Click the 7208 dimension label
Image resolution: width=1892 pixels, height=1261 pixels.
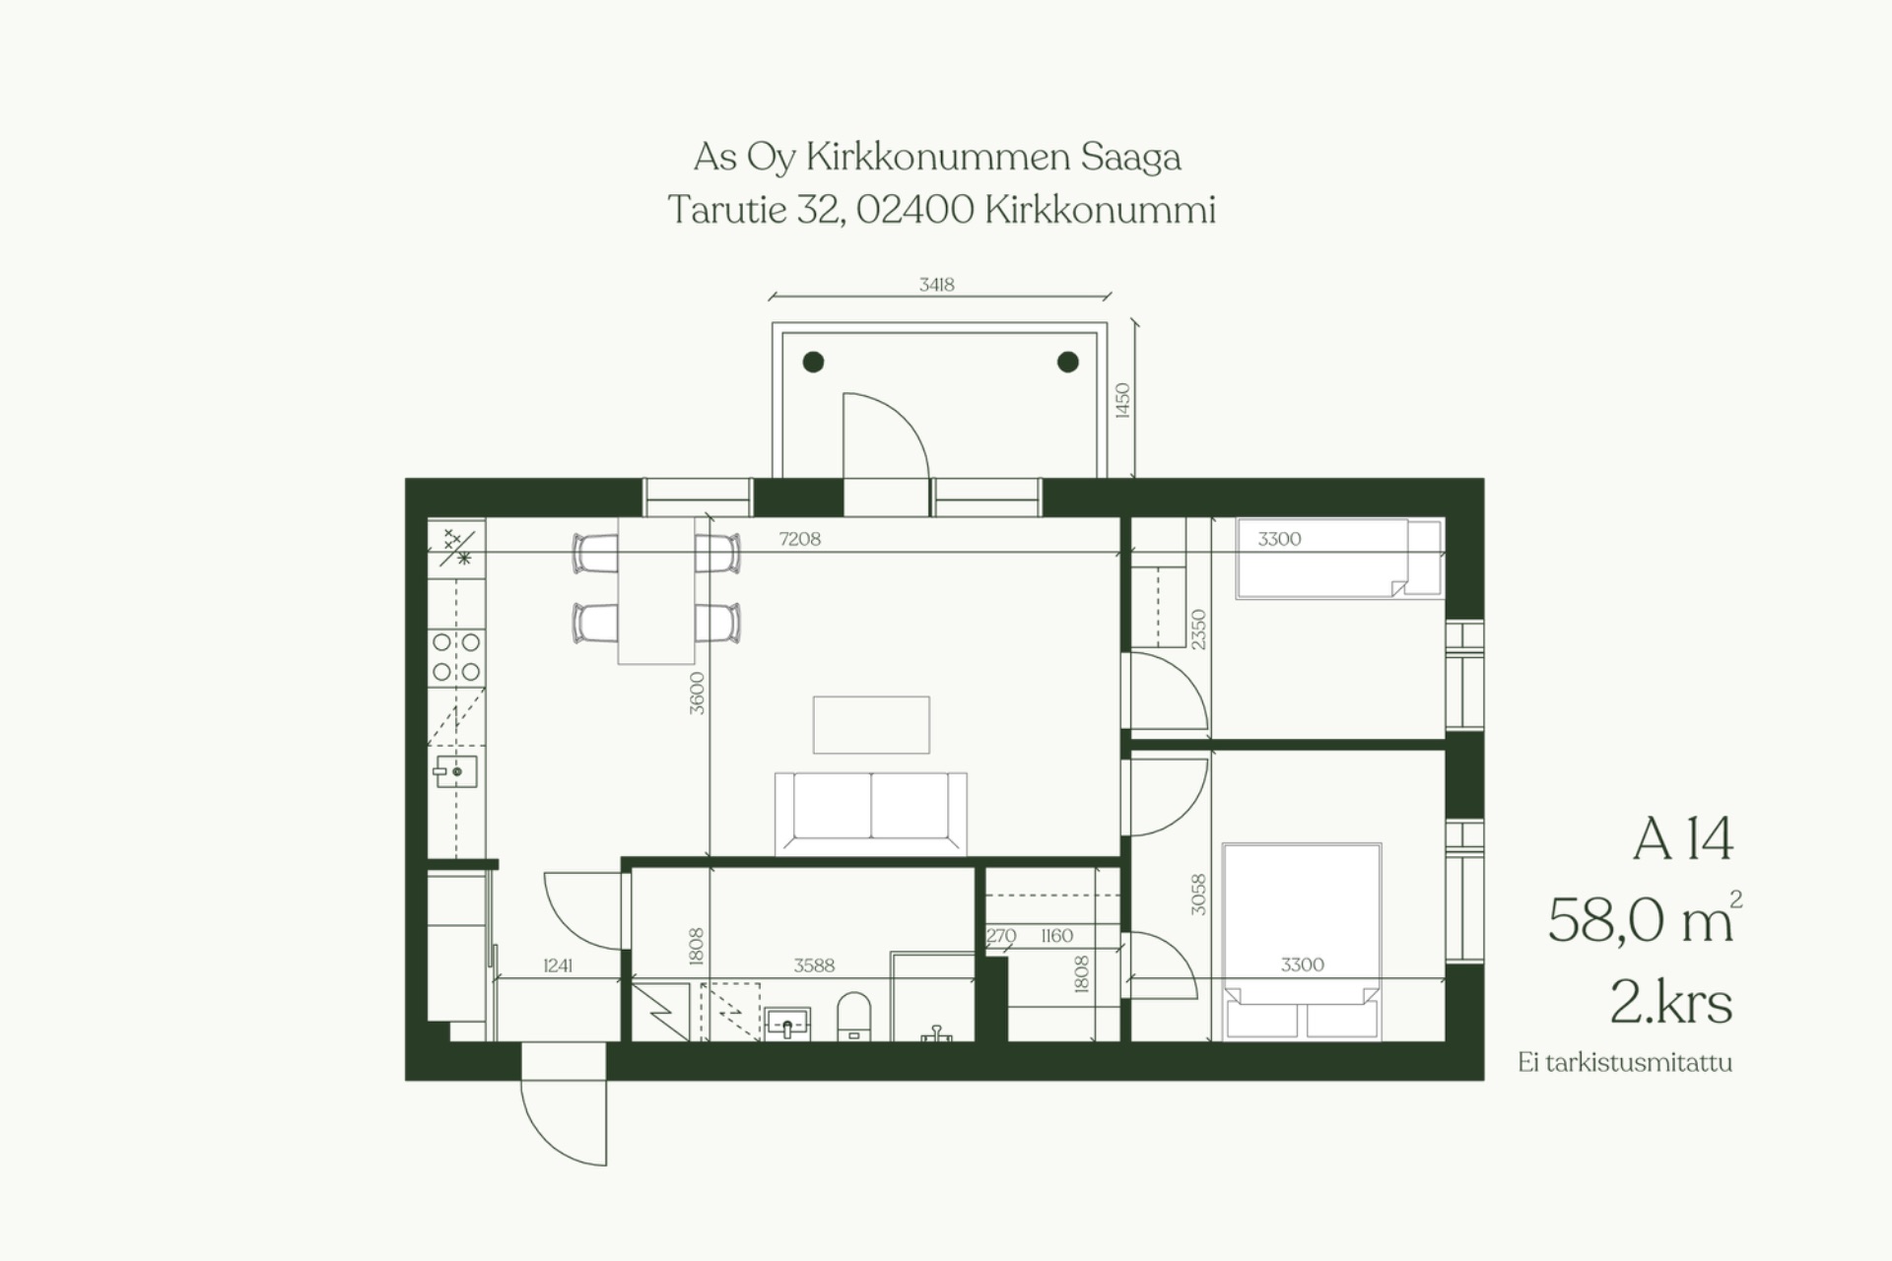click(799, 539)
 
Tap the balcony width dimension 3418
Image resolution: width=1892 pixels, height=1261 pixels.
click(936, 285)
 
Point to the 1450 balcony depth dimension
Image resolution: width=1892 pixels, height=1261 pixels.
click(1122, 400)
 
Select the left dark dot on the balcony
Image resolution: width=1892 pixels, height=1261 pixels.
click(813, 362)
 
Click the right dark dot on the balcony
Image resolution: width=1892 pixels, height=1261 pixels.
click(1067, 362)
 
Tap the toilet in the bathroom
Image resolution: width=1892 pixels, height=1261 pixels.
click(854, 1016)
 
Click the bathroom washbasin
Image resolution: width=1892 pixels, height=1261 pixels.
click(787, 1023)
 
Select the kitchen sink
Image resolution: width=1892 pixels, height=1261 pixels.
click(456, 771)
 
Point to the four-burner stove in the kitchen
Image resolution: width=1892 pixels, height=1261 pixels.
click(456, 657)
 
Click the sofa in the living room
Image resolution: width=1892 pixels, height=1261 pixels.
click(870, 813)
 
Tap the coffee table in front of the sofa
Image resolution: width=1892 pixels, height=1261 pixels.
click(871, 724)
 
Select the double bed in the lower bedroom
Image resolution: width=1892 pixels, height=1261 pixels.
click(1302, 941)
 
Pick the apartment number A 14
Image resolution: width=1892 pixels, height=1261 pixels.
click(1682, 839)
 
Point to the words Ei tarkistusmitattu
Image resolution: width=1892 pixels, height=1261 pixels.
click(1625, 1063)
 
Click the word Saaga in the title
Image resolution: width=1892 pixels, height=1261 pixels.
click(1130, 158)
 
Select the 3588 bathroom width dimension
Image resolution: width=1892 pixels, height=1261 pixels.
click(814, 965)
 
